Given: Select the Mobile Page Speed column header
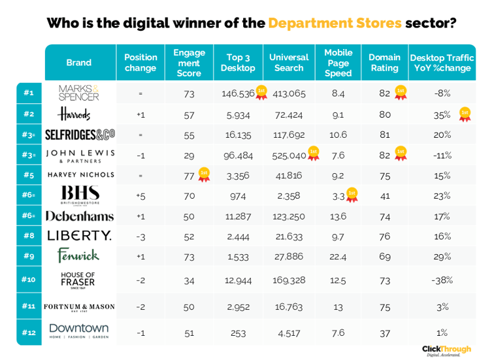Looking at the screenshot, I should click(338, 63).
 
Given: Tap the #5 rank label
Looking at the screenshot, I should click(28, 175).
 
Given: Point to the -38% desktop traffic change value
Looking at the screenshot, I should click(442, 280).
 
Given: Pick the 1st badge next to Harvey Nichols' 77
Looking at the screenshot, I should click(204, 174).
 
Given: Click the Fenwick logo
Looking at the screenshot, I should click(78, 256).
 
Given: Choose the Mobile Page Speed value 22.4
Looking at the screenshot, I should click(338, 257).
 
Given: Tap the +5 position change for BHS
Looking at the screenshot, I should click(140, 195).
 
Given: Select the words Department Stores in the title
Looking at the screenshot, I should click(335, 24).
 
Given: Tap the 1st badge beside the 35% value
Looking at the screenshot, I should click(465, 114).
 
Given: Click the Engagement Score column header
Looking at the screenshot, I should click(189, 63).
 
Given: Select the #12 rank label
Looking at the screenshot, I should click(28, 333).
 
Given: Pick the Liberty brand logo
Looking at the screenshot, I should click(79, 236).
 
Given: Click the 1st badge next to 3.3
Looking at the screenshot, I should click(352, 195).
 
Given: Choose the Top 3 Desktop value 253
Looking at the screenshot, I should click(238, 333).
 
